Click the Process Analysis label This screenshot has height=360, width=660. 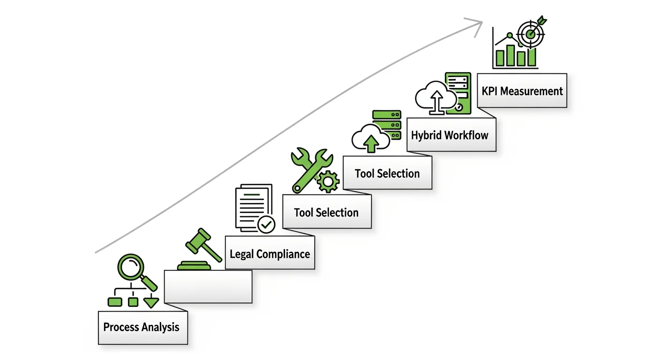pos(141,327)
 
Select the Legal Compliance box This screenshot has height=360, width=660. pos(270,254)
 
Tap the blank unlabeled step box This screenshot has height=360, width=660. pos(208,286)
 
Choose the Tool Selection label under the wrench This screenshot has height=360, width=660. pos(326,212)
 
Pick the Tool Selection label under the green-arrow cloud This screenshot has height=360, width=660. pos(387,173)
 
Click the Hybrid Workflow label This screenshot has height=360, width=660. pos(450,135)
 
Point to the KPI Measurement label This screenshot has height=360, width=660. pos(522,90)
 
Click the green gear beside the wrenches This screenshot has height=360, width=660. pos(328,181)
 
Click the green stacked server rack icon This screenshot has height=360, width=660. pos(387,124)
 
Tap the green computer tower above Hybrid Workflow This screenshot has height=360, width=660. pos(458,93)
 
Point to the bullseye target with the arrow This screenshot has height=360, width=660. pos(531,33)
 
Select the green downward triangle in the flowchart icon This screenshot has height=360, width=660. pos(151,302)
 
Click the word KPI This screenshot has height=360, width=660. pos(490,90)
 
